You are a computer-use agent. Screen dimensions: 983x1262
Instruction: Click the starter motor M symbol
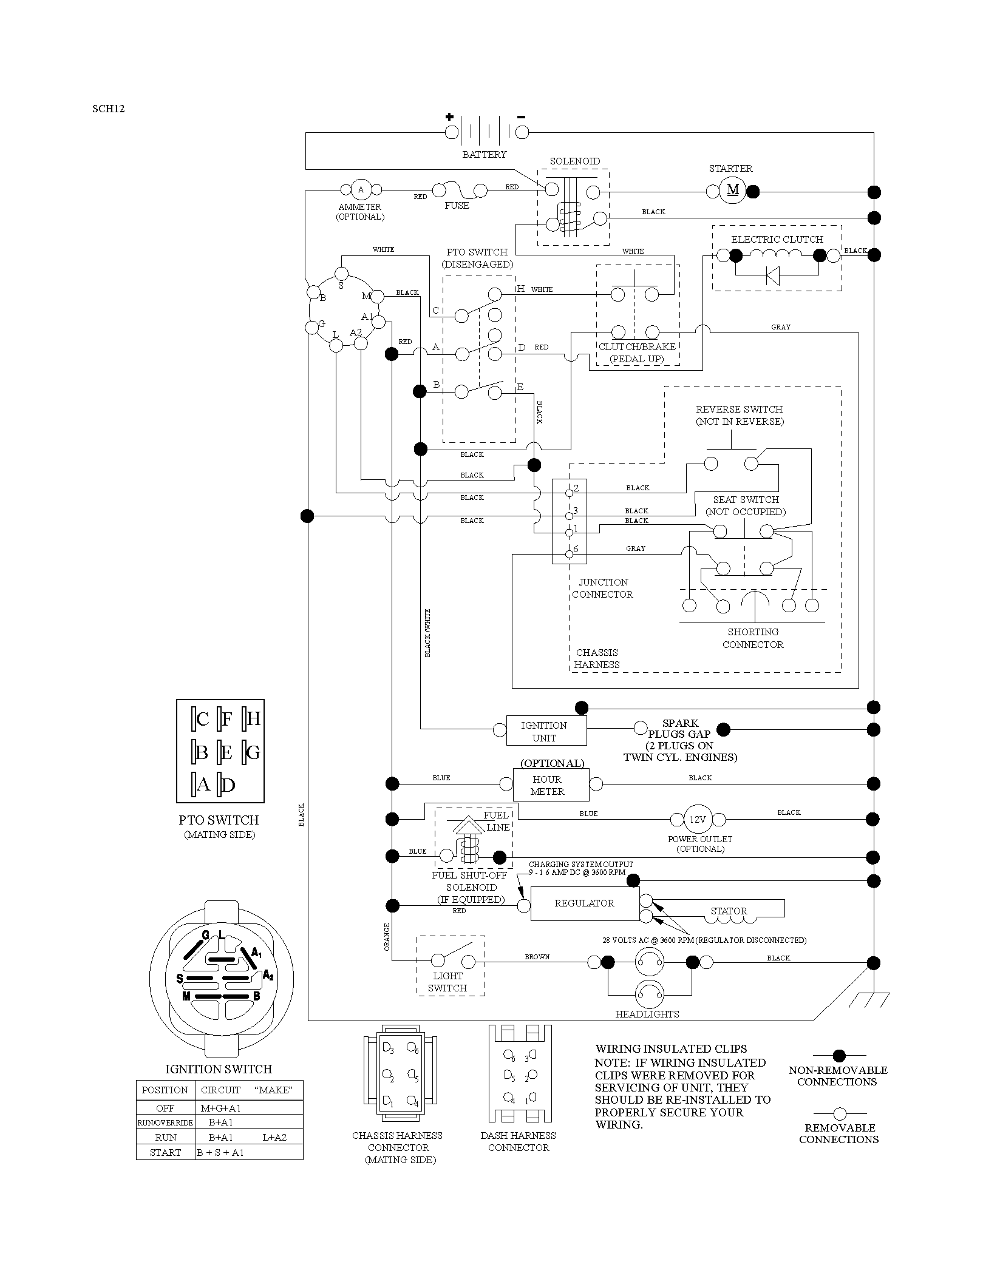point(733,191)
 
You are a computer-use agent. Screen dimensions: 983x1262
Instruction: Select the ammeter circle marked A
point(361,190)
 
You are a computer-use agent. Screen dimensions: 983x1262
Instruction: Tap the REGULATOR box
point(585,903)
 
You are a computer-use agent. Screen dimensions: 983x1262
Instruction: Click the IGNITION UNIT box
point(546,731)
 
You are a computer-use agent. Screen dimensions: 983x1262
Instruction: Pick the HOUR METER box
point(551,785)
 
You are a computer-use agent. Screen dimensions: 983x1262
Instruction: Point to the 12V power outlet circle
point(697,820)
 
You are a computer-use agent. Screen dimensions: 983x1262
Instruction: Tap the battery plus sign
point(449,116)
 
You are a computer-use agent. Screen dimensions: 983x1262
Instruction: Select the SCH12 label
point(109,109)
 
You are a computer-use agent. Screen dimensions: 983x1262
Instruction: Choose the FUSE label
point(457,206)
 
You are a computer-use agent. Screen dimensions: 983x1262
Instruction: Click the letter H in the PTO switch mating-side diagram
point(254,719)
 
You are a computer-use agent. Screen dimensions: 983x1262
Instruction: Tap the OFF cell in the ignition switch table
point(165,1108)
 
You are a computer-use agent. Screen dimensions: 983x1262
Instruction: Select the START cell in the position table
point(165,1152)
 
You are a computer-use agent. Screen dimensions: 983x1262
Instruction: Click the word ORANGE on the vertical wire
point(387,937)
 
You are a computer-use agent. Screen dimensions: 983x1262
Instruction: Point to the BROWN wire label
point(537,957)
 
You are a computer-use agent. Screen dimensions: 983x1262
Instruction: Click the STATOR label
point(729,911)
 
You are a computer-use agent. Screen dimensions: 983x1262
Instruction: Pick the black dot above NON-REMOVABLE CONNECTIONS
point(840,1056)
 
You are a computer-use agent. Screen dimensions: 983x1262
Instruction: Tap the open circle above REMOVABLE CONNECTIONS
point(840,1114)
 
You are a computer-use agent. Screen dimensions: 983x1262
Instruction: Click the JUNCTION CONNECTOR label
point(602,589)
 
